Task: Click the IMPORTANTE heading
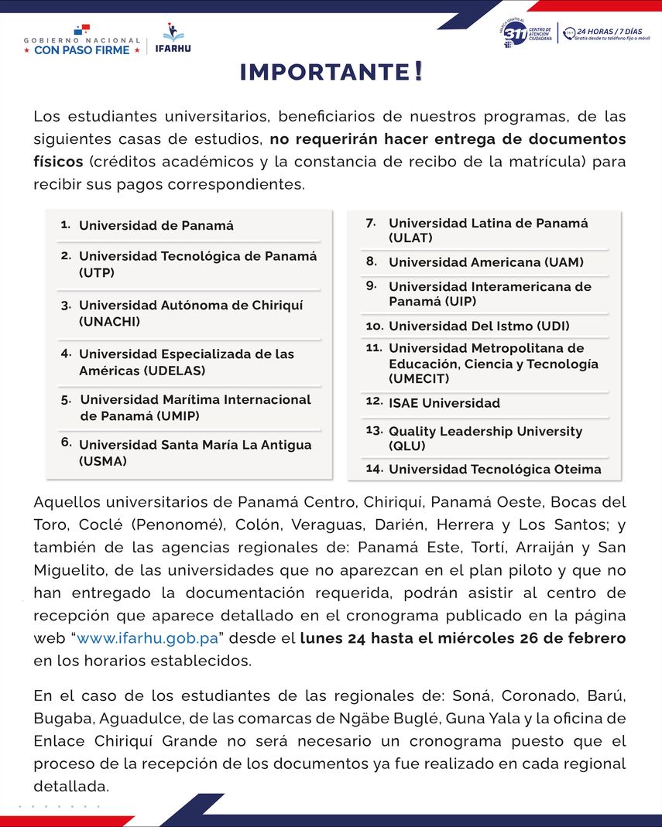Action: (331, 72)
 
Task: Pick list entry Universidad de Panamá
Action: (156, 226)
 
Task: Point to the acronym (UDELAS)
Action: (142, 371)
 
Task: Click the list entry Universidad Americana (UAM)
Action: (486, 262)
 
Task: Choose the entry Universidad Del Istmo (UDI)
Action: (479, 326)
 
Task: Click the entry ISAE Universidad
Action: (444, 403)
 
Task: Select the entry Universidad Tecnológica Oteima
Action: (495, 470)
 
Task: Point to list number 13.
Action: (374, 429)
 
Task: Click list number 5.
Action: (66, 400)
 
